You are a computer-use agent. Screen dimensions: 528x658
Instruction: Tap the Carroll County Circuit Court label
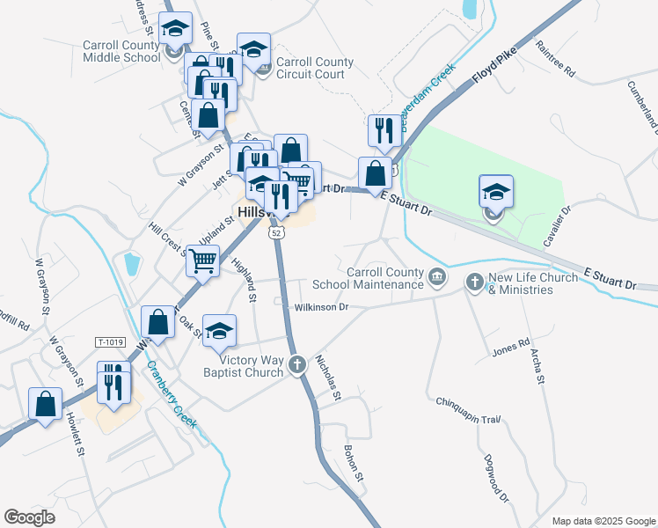coord(315,69)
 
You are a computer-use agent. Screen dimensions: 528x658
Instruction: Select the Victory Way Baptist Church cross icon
coord(297,363)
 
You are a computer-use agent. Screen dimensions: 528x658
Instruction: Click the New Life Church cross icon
coord(475,282)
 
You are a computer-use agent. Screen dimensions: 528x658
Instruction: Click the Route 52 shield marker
coord(276,232)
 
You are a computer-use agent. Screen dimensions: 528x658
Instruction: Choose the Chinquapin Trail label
coord(468,411)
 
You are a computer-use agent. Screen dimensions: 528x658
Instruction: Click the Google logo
coord(30,517)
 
